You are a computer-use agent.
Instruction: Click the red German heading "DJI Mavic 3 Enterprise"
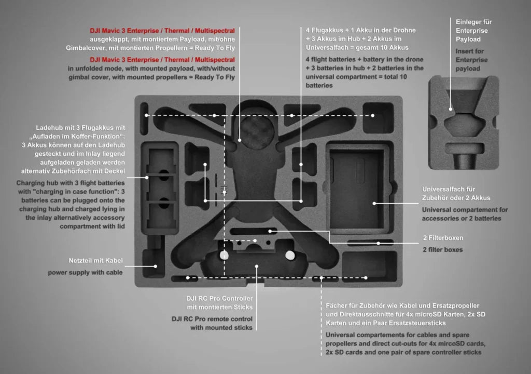pos(162,31)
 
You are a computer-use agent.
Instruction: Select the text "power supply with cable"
pos(86,272)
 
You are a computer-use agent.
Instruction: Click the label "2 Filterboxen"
pos(442,237)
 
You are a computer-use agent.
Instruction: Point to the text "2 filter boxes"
pos(442,249)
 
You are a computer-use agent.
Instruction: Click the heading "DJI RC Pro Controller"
pos(219,299)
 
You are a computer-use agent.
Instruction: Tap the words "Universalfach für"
pos(449,189)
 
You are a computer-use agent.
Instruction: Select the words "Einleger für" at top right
pos(474,22)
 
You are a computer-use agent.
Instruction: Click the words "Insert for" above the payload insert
pos(470,51)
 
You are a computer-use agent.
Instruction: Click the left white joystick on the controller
pos(224,255)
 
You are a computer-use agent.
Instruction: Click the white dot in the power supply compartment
pos(155,266)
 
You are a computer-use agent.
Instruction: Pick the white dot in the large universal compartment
pos(374,203)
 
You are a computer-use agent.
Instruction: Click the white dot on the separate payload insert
pos(450,109)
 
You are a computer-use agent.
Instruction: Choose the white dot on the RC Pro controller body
pos(257,266)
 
